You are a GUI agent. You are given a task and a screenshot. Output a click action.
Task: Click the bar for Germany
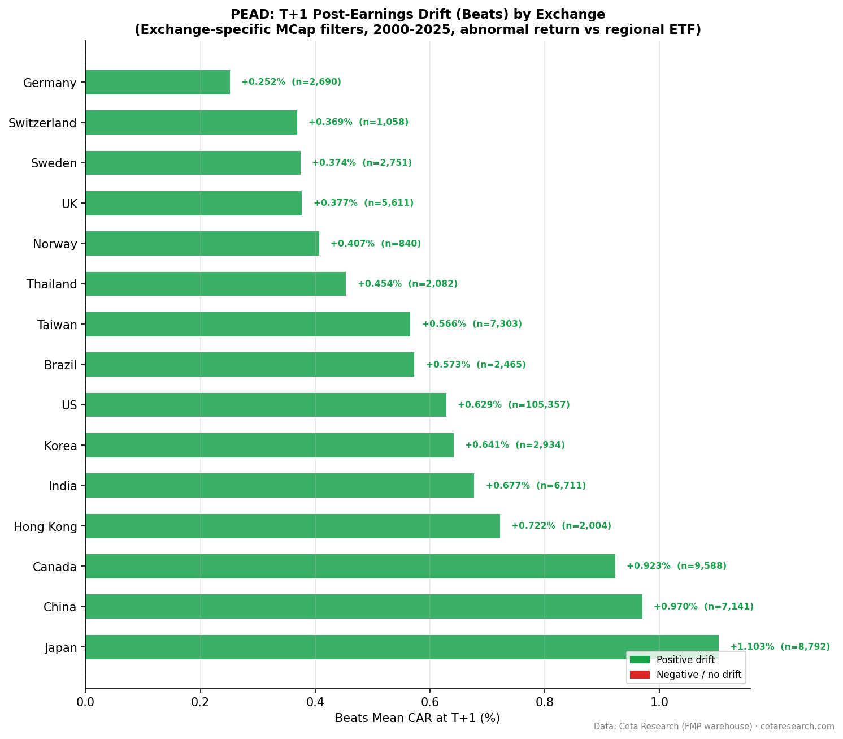(x=158, y=82)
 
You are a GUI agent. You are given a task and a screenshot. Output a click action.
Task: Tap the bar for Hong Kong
(x=293, y=526)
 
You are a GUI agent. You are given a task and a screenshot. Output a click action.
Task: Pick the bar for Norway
(x=202, y=244)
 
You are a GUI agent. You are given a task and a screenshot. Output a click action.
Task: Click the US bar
(x=266, y=405)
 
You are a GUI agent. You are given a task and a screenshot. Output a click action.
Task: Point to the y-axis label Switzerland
(x=42, y=123)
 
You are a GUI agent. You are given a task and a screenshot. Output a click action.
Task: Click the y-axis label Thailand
(x=51, y=284)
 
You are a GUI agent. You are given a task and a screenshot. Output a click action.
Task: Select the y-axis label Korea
(x=60, y=446)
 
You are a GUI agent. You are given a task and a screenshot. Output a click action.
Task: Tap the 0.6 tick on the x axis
(x=429, y=702)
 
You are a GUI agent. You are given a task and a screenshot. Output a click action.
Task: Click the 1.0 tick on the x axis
(x=659, y=702)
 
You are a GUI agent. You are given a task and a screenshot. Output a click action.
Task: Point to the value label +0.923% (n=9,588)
(x=676, y=566)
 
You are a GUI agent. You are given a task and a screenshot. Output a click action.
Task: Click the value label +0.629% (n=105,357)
(x=514, y=405)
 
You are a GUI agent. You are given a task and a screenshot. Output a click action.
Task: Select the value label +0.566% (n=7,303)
(x=472, y=324)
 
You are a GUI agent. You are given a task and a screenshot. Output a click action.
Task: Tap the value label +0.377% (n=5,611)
(x=363, y=203)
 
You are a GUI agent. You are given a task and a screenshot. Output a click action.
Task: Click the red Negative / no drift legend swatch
(x=640, y=675)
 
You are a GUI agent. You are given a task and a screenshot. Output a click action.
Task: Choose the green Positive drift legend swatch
(x=640, y=660)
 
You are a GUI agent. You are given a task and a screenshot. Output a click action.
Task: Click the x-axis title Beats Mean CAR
(x=417, y=718)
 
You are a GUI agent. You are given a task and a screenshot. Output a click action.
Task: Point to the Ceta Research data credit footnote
(x=714, y=727)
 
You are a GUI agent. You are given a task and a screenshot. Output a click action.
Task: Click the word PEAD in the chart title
(x=246, y=15)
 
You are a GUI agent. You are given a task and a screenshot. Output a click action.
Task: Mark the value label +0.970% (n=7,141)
(x=703, y=607)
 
